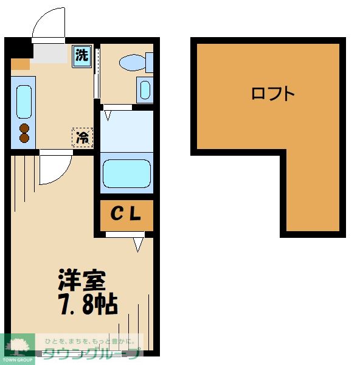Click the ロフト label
pos(273,94)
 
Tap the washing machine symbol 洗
pos(81,55)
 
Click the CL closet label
pos(126,214)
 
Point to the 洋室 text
pos(82,281)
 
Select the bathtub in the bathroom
pos(126,173)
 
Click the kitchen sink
pos(23,102)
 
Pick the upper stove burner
pos(24,128)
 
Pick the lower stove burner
pos(24,138)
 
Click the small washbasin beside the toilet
pos(145,90)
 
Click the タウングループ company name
pos(91,353)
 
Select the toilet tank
pos(149,61)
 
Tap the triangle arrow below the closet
pos(137,245)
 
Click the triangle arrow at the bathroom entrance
pos(108,113)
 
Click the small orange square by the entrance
pos(20,63)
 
